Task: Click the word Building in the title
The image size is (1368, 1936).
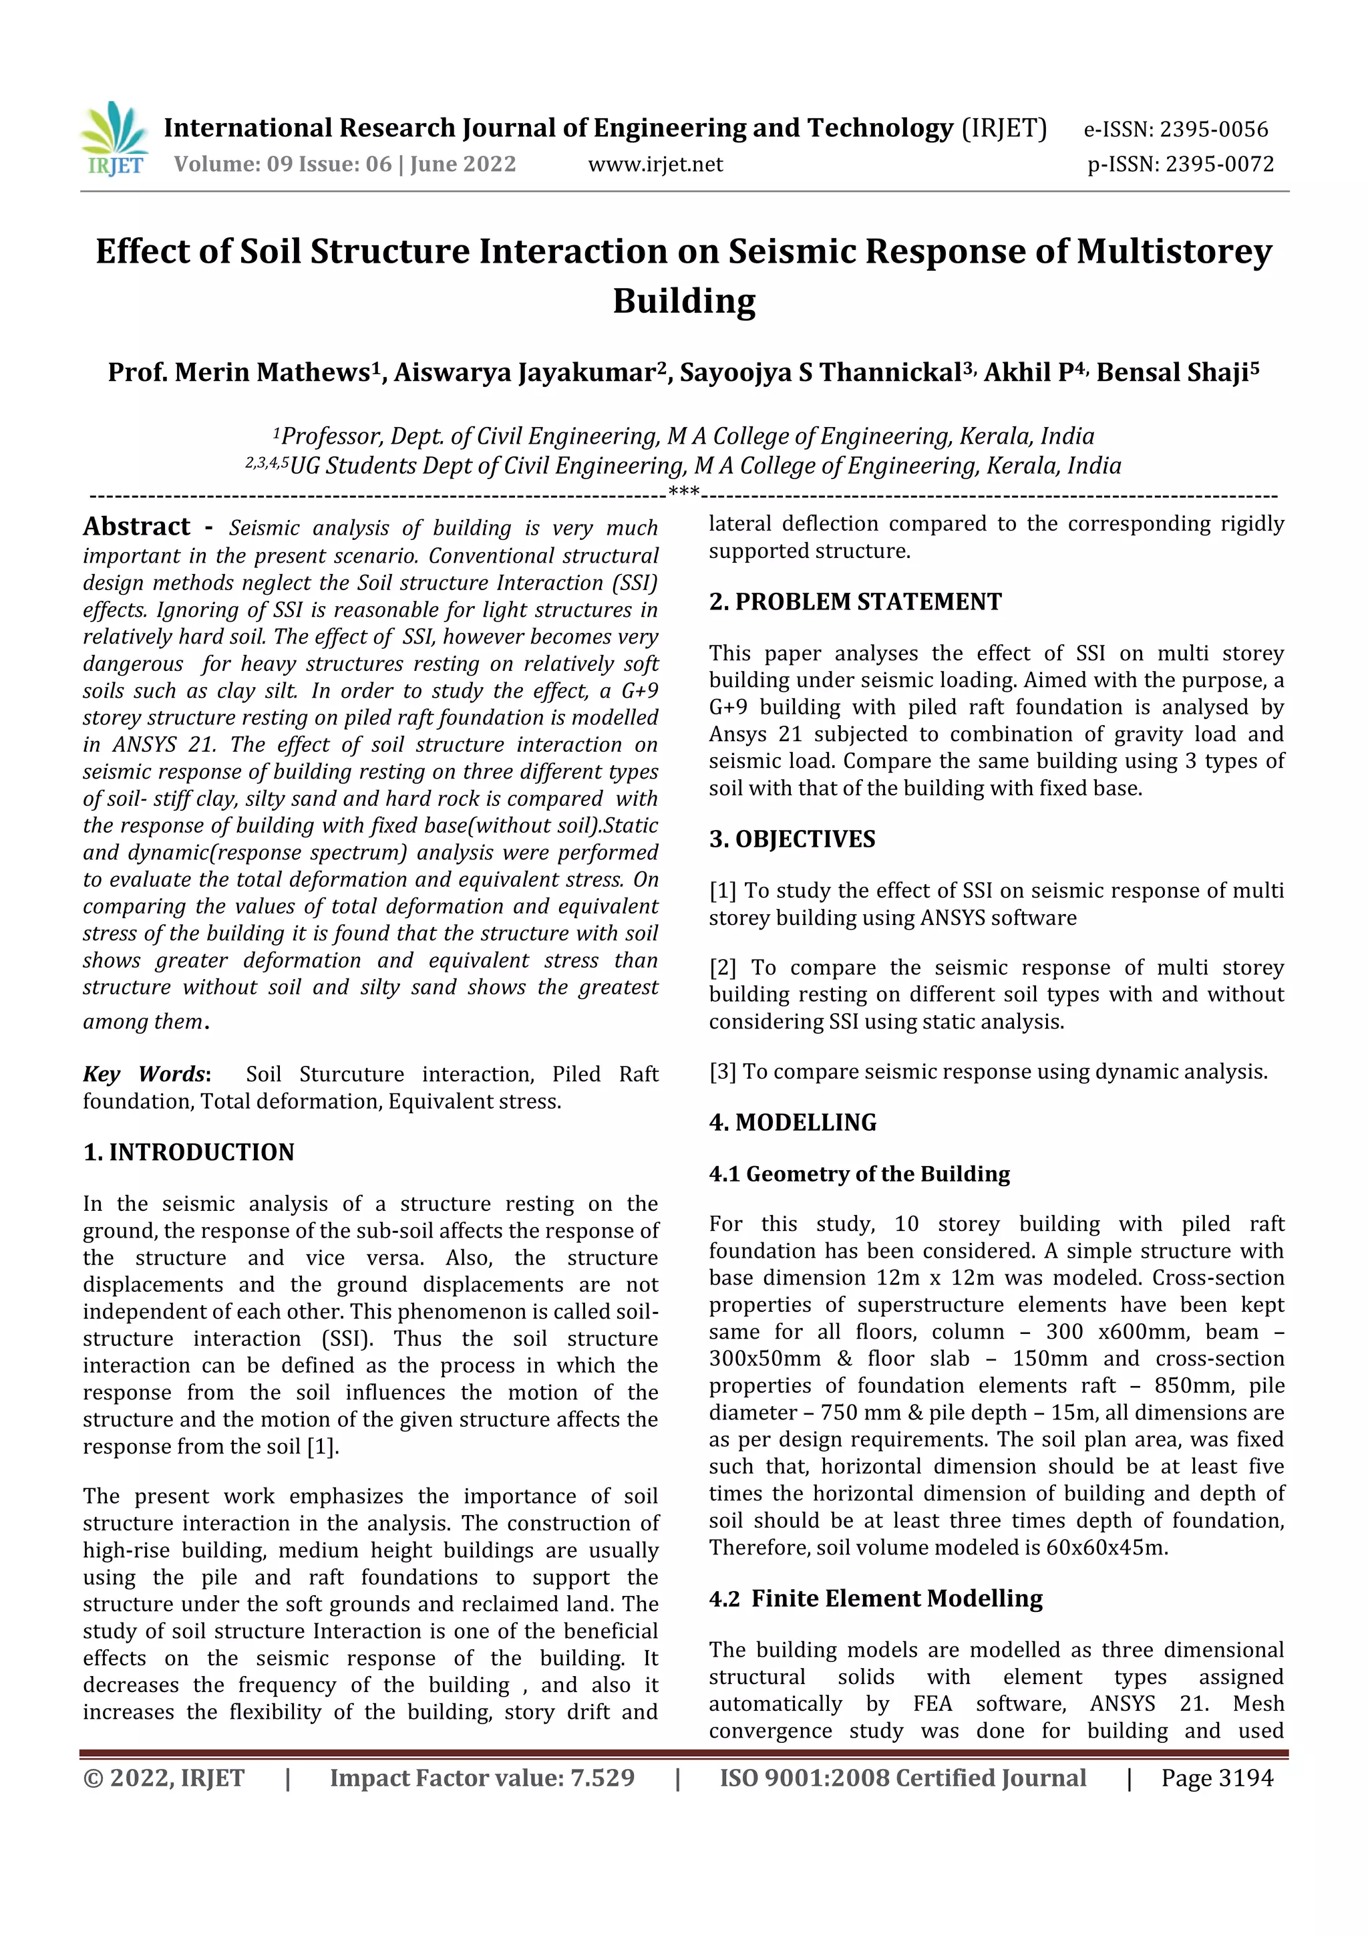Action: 683,301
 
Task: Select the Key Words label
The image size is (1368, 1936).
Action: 145,1073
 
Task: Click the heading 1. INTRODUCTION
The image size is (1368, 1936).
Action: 189,1152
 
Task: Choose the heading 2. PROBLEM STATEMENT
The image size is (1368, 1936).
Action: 855,601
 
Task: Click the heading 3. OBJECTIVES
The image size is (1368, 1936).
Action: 792,839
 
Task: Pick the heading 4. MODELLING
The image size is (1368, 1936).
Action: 792,1122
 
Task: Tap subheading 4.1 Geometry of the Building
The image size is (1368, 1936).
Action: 859,1173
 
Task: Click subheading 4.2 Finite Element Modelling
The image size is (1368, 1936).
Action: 875,1598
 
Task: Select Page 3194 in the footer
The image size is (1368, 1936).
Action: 1216,1778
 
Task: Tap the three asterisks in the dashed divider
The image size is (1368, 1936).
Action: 683,493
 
